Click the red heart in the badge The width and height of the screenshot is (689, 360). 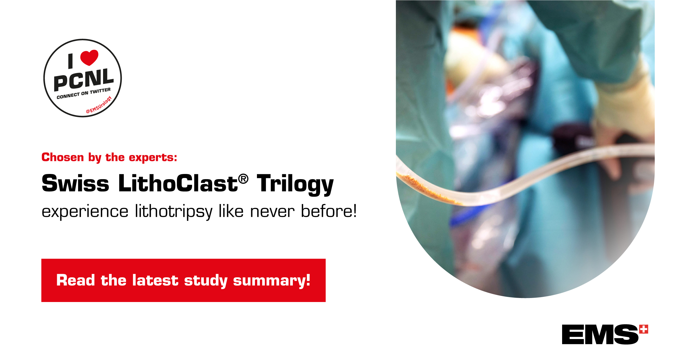pos(89,57)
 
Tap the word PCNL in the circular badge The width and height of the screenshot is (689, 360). pos(84,79)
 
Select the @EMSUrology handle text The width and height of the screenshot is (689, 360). pos(99,105)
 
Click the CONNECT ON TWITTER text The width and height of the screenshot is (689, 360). pos(84,93)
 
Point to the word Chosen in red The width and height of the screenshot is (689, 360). pos(63,157)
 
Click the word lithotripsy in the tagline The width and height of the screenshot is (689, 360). pos(174,212)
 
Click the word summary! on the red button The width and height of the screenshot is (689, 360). pos(271,280)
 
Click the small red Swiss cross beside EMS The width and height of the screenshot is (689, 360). pos(644,329)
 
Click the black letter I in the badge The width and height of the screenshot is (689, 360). pos(71,61)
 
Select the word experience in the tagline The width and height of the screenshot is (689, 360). pos(85,212)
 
